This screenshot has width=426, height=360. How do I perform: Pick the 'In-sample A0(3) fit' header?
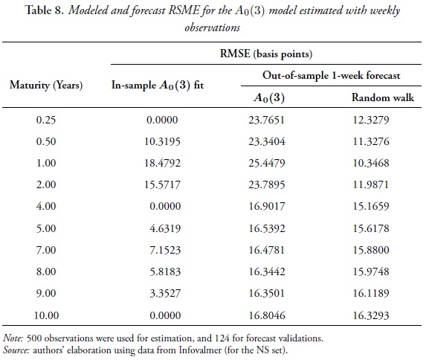[x=157, y=85]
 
